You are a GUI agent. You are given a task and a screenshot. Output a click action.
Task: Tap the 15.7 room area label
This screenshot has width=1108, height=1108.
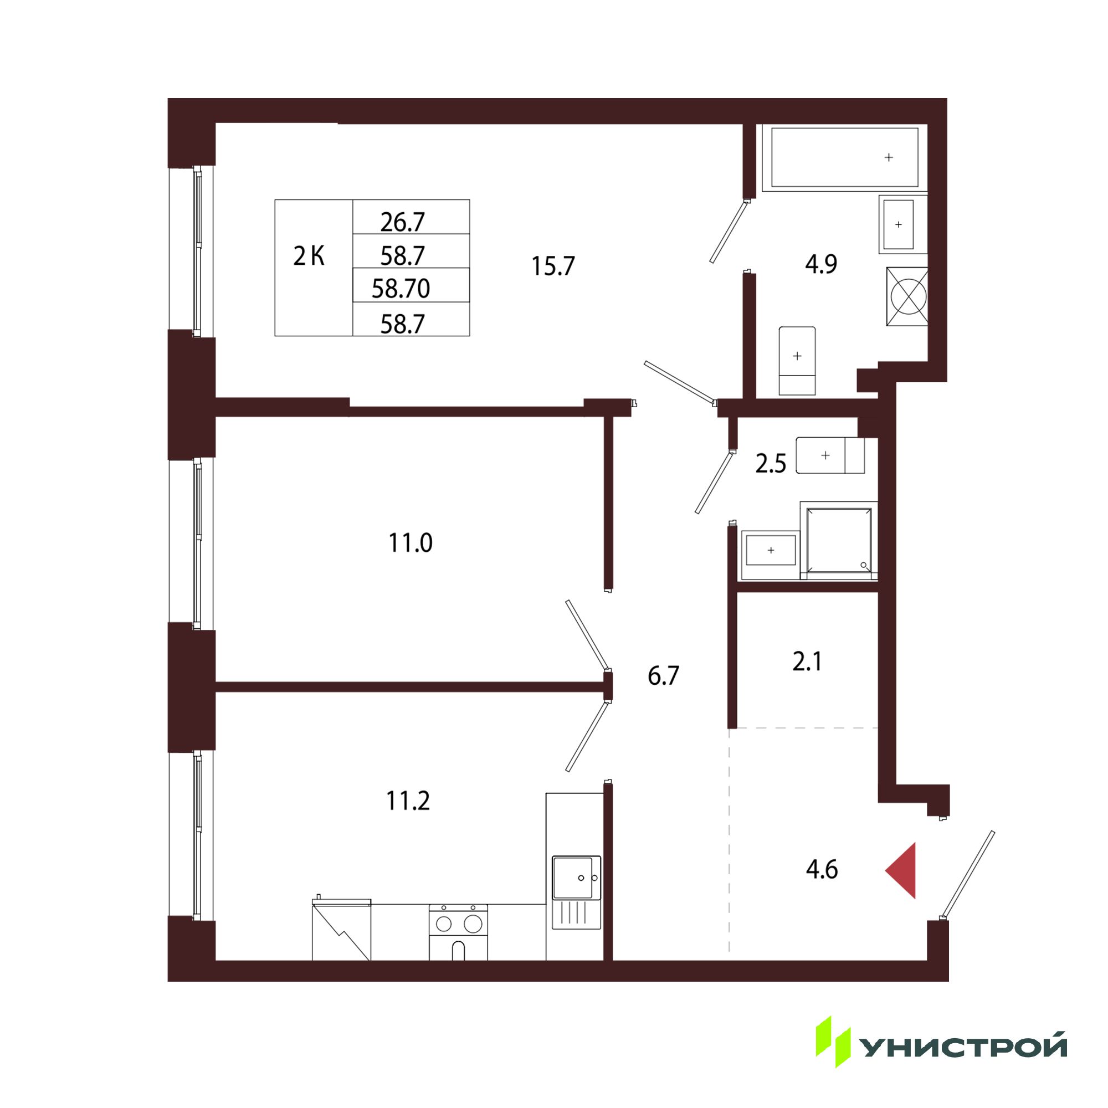[553, 266]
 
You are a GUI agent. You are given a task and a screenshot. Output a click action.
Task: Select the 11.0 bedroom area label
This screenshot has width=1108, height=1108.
[411, 542]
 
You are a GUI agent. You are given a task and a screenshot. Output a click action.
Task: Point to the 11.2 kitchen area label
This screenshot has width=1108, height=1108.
[408, 801]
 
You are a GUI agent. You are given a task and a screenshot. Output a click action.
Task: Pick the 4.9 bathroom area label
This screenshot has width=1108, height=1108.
[821, 264]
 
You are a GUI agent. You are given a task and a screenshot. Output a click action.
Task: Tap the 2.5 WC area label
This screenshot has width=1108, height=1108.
[771, 464]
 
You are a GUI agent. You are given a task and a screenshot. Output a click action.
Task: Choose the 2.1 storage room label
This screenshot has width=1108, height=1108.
[808, 662]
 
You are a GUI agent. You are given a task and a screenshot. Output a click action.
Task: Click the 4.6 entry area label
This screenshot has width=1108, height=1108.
[822, 870]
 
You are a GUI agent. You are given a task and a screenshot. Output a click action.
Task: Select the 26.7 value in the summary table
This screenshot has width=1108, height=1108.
[403, 222]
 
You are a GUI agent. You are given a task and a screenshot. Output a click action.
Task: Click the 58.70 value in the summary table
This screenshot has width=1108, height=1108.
[401, 289]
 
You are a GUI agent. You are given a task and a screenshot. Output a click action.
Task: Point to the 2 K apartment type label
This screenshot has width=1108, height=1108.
[309, 257]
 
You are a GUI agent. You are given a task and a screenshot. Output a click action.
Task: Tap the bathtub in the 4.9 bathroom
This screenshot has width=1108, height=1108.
[845, 157]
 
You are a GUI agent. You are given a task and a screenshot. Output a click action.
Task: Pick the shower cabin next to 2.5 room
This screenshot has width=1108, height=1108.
[839, 541]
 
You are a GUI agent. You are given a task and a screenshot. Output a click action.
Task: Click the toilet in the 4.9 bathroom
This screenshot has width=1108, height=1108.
[797, 361]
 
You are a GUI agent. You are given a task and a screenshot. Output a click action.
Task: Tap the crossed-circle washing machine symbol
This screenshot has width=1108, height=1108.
[907, 296]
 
